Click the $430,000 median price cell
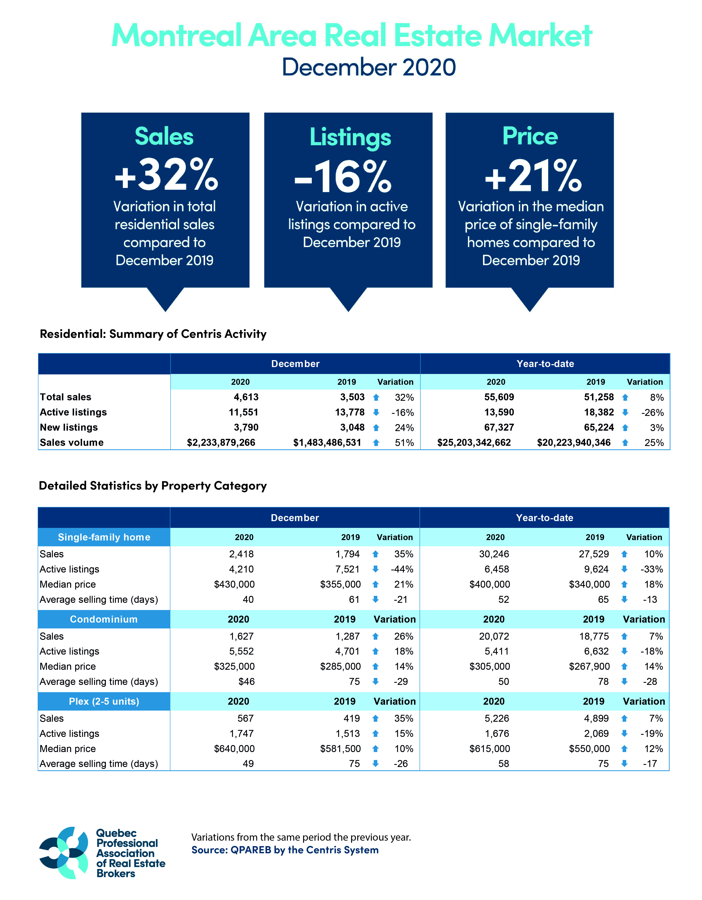234,584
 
